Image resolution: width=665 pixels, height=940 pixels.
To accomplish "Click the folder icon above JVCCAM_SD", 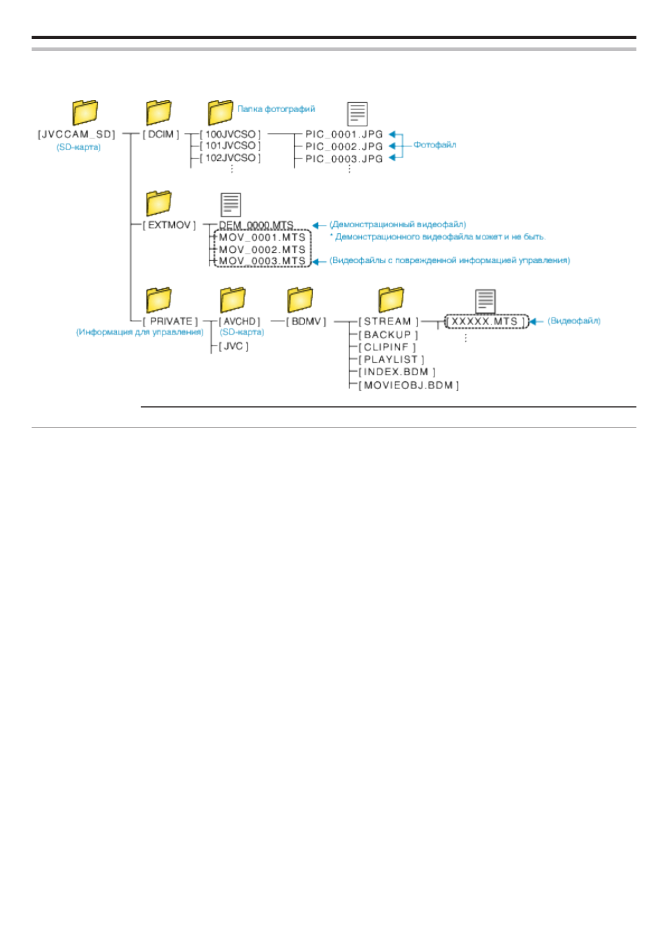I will (85, 112).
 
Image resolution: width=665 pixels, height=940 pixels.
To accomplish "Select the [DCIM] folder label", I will (161, 135).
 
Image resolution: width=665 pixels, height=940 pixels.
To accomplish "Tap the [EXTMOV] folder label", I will (169, 225).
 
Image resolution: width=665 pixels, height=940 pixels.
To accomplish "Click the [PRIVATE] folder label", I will (170, 322).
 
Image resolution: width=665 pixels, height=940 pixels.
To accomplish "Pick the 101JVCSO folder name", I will (230, 146).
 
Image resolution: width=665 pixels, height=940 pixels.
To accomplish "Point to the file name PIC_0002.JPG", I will (344, 146).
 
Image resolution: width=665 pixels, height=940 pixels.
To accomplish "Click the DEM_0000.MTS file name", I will (256, 225).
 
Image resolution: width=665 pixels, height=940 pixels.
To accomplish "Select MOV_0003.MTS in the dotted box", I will (262, 261).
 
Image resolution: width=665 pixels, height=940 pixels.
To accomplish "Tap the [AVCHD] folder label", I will (240, 322).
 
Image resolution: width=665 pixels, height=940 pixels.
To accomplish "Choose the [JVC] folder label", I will (233, 346).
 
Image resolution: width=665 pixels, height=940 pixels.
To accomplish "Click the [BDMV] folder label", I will (305, 322).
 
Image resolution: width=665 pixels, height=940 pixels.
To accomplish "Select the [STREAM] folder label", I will (388, 322).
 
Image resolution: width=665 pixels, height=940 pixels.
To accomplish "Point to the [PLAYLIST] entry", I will (391, 359).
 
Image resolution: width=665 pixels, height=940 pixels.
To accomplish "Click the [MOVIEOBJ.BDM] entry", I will (408, 385).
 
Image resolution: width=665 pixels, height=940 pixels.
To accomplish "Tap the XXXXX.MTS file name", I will (485, 322).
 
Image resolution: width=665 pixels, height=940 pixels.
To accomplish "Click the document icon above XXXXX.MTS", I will (485, 301).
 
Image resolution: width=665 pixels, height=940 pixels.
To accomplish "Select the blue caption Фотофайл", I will (434, 145).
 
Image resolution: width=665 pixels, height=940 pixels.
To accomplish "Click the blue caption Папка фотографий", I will (276, 109).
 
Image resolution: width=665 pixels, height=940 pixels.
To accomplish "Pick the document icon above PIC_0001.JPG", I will (357, 114).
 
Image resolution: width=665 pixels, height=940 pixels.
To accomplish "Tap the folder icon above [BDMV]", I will (300, 300).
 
